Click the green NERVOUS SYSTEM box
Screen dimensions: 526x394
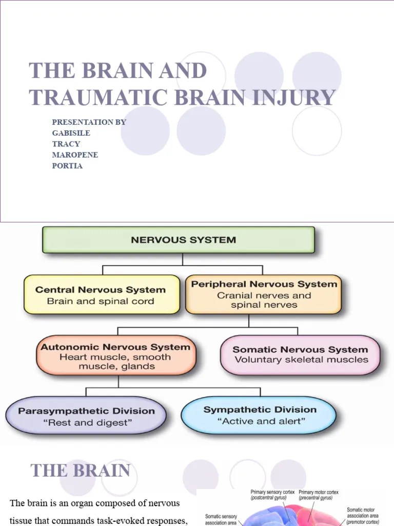point(178,240)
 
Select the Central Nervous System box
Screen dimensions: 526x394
point(102,295)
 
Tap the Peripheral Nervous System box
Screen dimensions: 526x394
point(264,295)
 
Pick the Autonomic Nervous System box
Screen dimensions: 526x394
point(115,356)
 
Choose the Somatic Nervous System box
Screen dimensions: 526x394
point(301,354)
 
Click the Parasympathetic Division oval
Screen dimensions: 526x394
point(86,416)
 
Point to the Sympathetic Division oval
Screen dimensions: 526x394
point(259,415)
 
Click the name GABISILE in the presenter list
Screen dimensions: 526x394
point(71,133)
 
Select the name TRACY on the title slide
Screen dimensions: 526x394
point(66,144)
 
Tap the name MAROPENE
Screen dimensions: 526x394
point(75,155)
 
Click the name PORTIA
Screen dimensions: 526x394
point(67,166)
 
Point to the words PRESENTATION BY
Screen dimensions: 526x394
point(89,122)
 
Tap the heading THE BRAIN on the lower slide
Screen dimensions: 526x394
point(80,471)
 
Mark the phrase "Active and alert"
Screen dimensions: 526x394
point(262,422)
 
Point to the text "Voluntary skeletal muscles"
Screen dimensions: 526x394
point(301,360)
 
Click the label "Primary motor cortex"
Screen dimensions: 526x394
point(319,492)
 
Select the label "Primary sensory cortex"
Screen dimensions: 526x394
point(272,492)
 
